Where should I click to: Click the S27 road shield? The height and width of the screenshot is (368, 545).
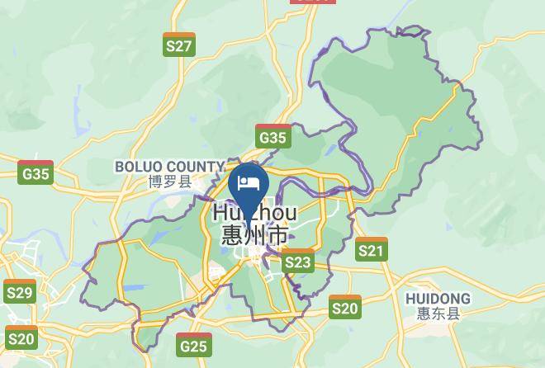[x=179, y=45]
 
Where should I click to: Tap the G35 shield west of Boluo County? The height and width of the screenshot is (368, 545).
[x=36, y=172]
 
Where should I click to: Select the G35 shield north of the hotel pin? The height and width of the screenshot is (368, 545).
[x=272, y=136]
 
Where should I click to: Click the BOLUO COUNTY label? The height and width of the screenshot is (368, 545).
[x=169, y=167]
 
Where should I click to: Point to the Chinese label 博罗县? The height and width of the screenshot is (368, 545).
[x=169, y=182]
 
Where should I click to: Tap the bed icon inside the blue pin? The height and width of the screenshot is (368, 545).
[x=249, y=182]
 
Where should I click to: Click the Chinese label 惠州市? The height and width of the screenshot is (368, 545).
[x=254, y=235]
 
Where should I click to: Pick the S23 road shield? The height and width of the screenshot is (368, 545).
[x=298, y=262]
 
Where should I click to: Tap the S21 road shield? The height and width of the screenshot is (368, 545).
[x=372, y=249]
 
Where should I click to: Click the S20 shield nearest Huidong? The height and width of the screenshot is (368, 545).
[x=345, y=307]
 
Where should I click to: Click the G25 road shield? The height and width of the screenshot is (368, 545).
[x=193, y=344]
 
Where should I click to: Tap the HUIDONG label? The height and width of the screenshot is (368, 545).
[x=438, y=299]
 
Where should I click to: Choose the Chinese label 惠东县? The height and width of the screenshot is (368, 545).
[x=438, y=314]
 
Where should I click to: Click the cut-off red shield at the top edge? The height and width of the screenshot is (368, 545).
[x=313, y=2]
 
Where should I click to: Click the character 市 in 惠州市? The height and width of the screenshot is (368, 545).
[x=280, y=235]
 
